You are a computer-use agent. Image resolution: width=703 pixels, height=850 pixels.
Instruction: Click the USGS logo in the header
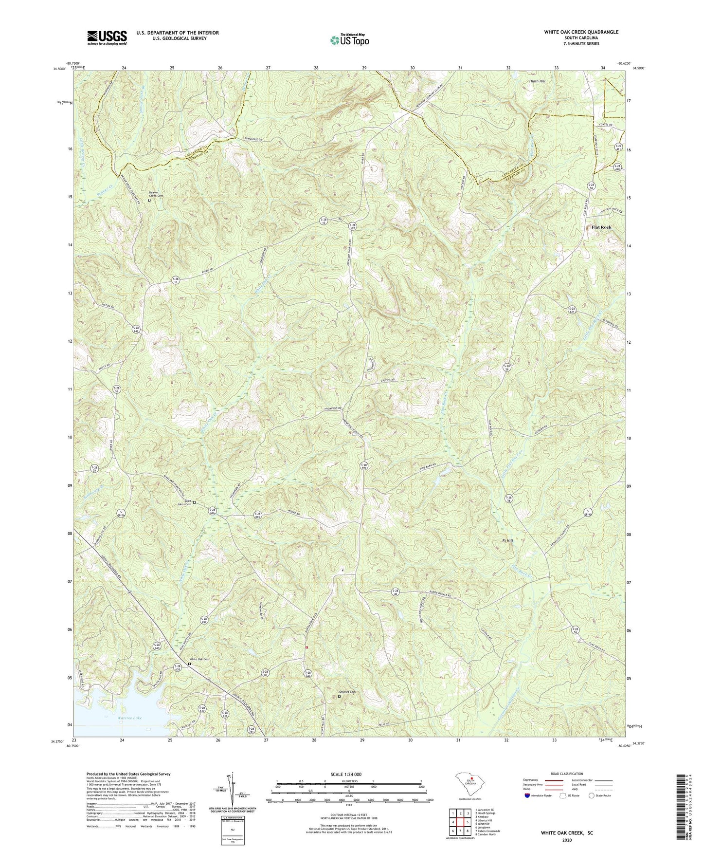pyautogui.click(x=107, y=37)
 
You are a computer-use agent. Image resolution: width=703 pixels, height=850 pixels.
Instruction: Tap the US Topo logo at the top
pyautogui.click(x=349, y=39)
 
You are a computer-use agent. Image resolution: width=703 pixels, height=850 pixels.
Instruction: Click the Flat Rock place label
pyautogui.click(x=601, y=227)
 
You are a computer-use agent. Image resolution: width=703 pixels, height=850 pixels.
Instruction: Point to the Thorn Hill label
pyautogui.click(x=537, y=81)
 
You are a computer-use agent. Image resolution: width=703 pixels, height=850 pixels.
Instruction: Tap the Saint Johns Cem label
pyautogui.click(x=184, y=503)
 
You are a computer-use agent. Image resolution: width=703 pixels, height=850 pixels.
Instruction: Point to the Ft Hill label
pyautogui.click(x=507, y=541)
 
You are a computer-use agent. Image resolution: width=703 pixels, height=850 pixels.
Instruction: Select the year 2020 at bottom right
pyautogui.click(x=566, y=840)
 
